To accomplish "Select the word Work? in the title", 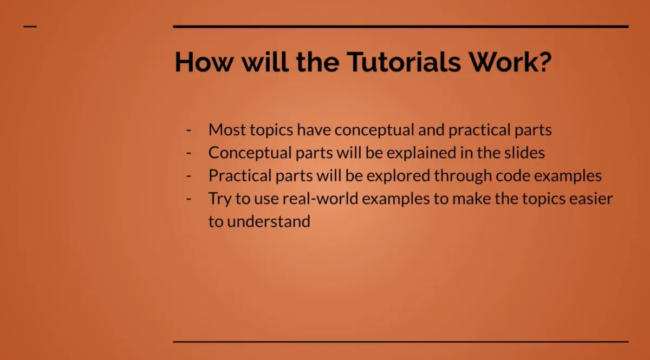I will click(x=510, y=62).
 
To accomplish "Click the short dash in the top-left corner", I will click(x=30, y=26).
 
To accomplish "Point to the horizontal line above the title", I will click(x=401, y=26).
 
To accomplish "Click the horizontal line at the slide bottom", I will click(x=401, y=342).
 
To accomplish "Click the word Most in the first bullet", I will click(x=227, y=130).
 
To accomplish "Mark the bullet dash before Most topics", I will click(x=189, y=130).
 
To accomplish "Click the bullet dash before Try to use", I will click(x=189, y=199).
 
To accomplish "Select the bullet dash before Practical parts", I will click(x=189, y=176).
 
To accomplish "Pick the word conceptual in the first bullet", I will click(x=374, y=130).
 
